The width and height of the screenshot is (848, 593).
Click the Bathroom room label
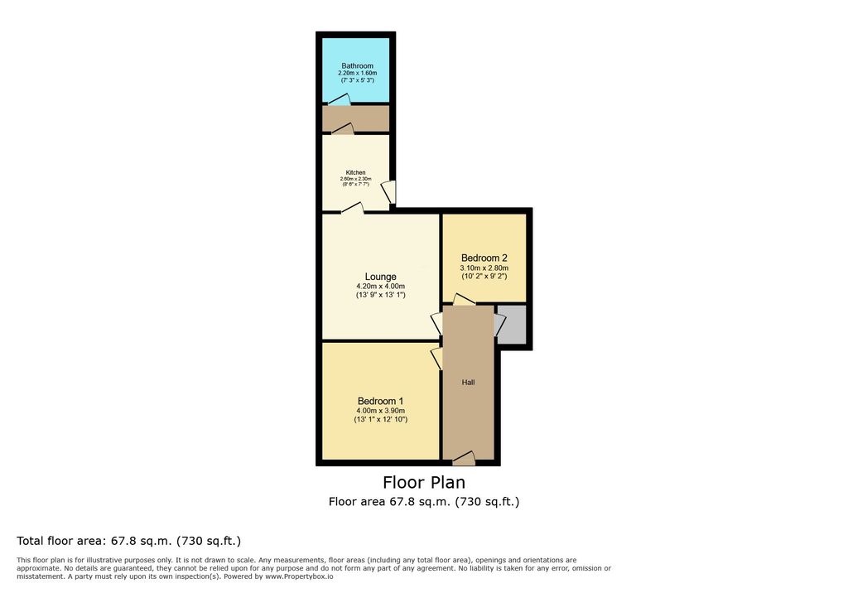pyautogui.click(x=357, y=66)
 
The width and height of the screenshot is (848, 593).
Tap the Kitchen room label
pyautogui.click(x=356, y=172)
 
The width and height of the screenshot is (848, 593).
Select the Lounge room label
pyautogui.click(x=380, y=277)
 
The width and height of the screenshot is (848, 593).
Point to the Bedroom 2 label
pyautogui.click(x=484, y=258)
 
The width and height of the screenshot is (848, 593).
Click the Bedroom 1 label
pyautogui.click(x=380, y=402)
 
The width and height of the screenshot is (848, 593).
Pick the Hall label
pyautogui.click(x=469, y=383)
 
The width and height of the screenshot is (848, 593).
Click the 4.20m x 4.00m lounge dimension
pyautogui.click(x=380, y=287)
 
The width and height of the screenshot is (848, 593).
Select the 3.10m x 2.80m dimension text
pyautogui.click(x=484, y=268)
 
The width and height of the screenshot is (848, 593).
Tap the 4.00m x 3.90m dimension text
pyautogui.click(x=380, y=411)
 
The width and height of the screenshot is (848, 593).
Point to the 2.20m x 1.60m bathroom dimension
pyautogui.click(x=357, y=73)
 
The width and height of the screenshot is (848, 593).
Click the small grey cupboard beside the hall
pyautogui.click(x=512, y=324)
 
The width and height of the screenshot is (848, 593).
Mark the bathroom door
pyautogui.click(x=339, y=100)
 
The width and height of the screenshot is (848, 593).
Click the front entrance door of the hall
pyautogui.click(x=464, y=459)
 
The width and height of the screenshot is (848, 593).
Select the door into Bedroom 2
pyautogui.click(x=464, y=299)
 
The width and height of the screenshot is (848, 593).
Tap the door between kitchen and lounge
pyautogui.click(x=353, y=209)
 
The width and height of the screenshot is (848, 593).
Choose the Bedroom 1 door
pyautogui.click(x=436, y=359)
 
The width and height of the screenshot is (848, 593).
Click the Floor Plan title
pyautogui.click(x=424, y=482)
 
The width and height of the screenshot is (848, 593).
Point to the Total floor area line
pyautogui.click(x=128, y=541)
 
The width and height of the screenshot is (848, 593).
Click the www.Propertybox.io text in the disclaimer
pyautogui.click(x=299, y=576)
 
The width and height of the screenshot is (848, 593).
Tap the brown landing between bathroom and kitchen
pyautogui.click(x=356, y=118)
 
